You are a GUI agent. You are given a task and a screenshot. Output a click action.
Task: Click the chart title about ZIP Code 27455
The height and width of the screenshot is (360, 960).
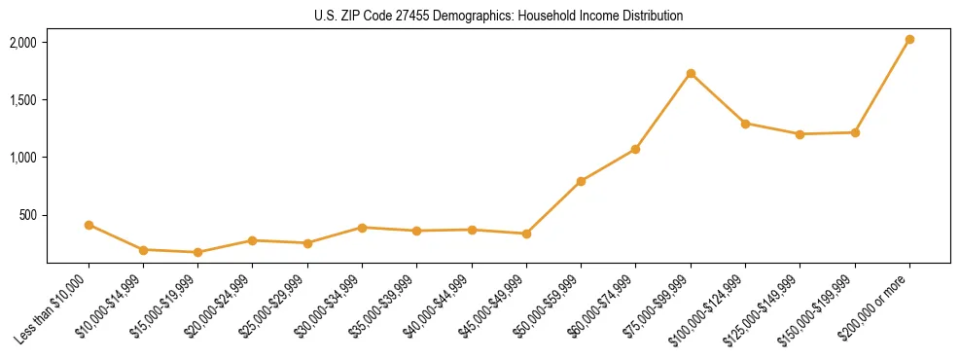(x=498, y=16)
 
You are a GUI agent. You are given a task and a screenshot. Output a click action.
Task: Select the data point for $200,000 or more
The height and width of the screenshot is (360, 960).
(x=909, y=40)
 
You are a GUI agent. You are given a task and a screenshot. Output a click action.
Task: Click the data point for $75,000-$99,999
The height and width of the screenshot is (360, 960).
(x=691, y=74)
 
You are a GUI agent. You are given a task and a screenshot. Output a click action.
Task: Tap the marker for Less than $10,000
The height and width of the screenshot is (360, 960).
(x=89, y=225)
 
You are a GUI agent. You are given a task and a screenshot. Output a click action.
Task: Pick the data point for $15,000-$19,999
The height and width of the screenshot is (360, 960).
(x=197, y=252)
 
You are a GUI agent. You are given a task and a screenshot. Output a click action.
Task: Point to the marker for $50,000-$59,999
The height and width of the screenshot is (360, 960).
(x=581, y=181)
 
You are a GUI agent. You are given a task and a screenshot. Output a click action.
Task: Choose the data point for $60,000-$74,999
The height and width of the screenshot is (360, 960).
(x=635, y=149)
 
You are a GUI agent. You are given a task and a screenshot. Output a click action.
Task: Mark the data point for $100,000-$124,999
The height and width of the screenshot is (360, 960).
(x=745, y=124)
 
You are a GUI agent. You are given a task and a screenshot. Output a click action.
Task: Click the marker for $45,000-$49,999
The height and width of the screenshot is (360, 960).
(x=526, y=234)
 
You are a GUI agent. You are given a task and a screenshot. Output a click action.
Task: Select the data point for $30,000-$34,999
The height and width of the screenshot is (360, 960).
(x=362, y=228)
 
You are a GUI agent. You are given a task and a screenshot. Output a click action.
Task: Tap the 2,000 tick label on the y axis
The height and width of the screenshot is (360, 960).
(x=22, y=43)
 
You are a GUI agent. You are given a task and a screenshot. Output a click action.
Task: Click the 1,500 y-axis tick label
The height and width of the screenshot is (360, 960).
(x=22, y=100)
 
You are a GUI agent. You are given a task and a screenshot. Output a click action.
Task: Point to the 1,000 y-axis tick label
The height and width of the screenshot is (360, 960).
(x=22, y=158)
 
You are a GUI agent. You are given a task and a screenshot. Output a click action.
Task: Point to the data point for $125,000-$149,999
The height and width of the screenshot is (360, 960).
(x=800, y=134)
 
